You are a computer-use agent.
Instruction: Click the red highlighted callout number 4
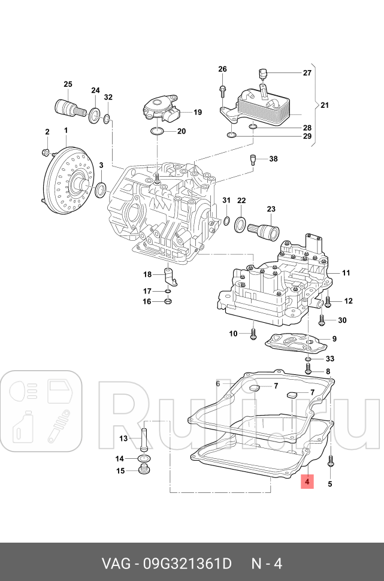click(x=306, y=481)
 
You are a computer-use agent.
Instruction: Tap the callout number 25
click(x=67, y=84)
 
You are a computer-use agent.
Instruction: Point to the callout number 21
click(x=324, y=105)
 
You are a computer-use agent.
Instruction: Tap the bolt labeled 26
click(x=222, y=90)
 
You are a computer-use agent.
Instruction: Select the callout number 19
click(x=197, y=112)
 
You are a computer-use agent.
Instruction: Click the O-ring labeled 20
click(x=157, y=131)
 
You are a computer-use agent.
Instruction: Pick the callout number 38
click(x=273, y=159)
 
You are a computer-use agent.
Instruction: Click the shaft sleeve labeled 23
click(x=265, y=229)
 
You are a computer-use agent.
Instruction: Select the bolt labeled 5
click(x=330, y=463)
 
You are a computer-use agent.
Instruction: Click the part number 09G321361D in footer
click(x=185, y=563)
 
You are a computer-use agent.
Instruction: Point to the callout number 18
click(x=147, y=274)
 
